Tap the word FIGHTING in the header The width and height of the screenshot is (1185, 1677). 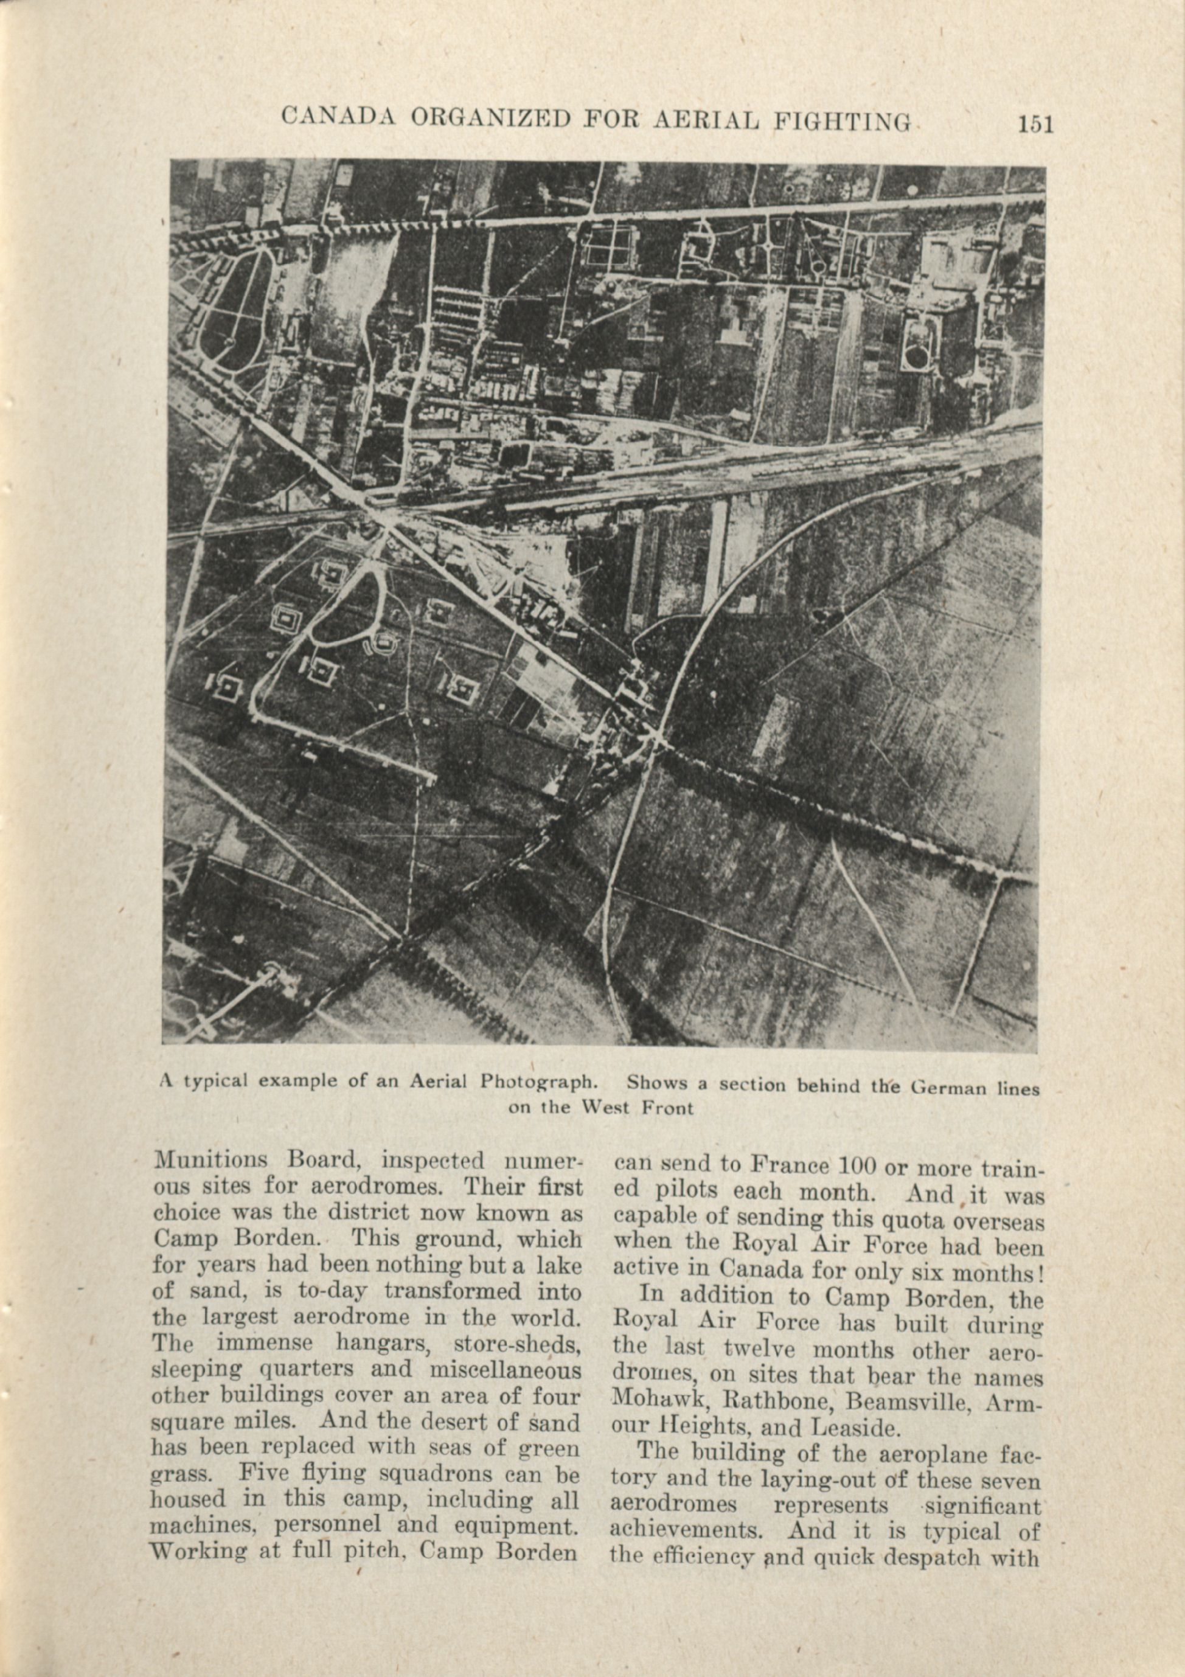(842, 120)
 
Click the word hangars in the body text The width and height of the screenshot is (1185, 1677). (384, 1342)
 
